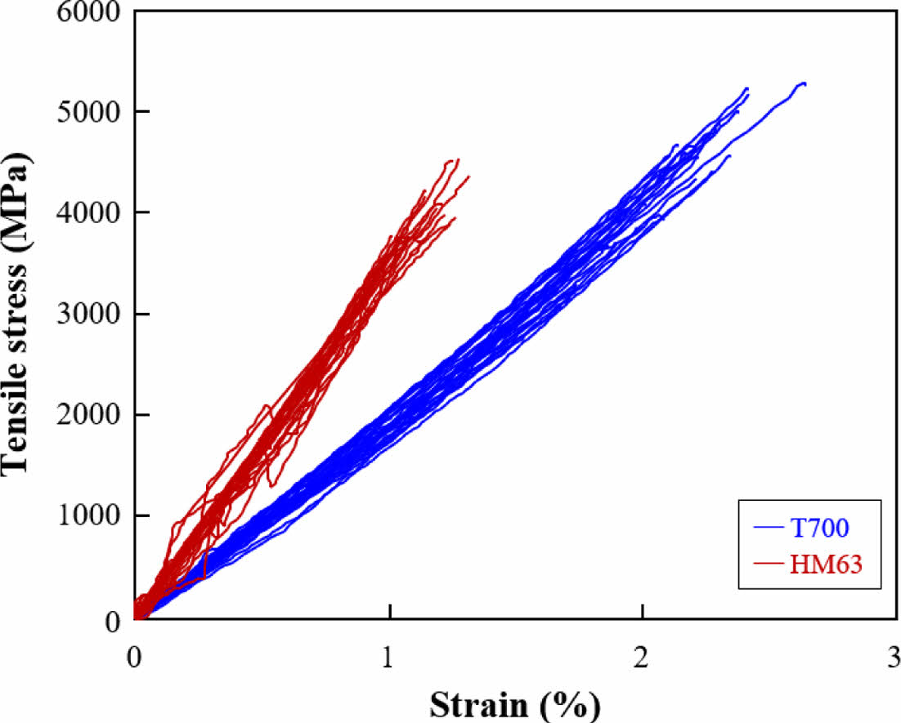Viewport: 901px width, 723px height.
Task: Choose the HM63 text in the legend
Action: tap(826, 563)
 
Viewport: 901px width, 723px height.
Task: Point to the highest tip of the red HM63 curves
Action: tap(457, 159)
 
